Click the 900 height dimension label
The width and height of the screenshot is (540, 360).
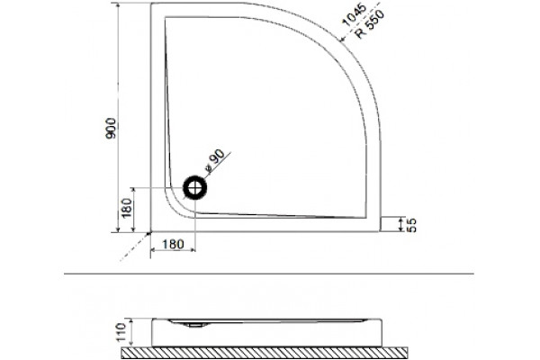[111, 128]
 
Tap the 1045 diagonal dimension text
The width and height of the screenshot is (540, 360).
[353, 14]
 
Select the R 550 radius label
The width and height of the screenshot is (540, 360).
[369, 24]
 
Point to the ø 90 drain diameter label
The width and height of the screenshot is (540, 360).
[214, 161]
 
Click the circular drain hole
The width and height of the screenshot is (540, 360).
[195, 188]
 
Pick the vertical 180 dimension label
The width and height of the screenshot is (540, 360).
[127, 208]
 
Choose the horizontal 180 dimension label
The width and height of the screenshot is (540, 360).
[173, 244]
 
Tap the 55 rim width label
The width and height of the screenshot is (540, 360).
[411, 225]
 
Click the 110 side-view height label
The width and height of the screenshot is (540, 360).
[121, 332]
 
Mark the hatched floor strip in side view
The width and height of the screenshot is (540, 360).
[265, 353]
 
